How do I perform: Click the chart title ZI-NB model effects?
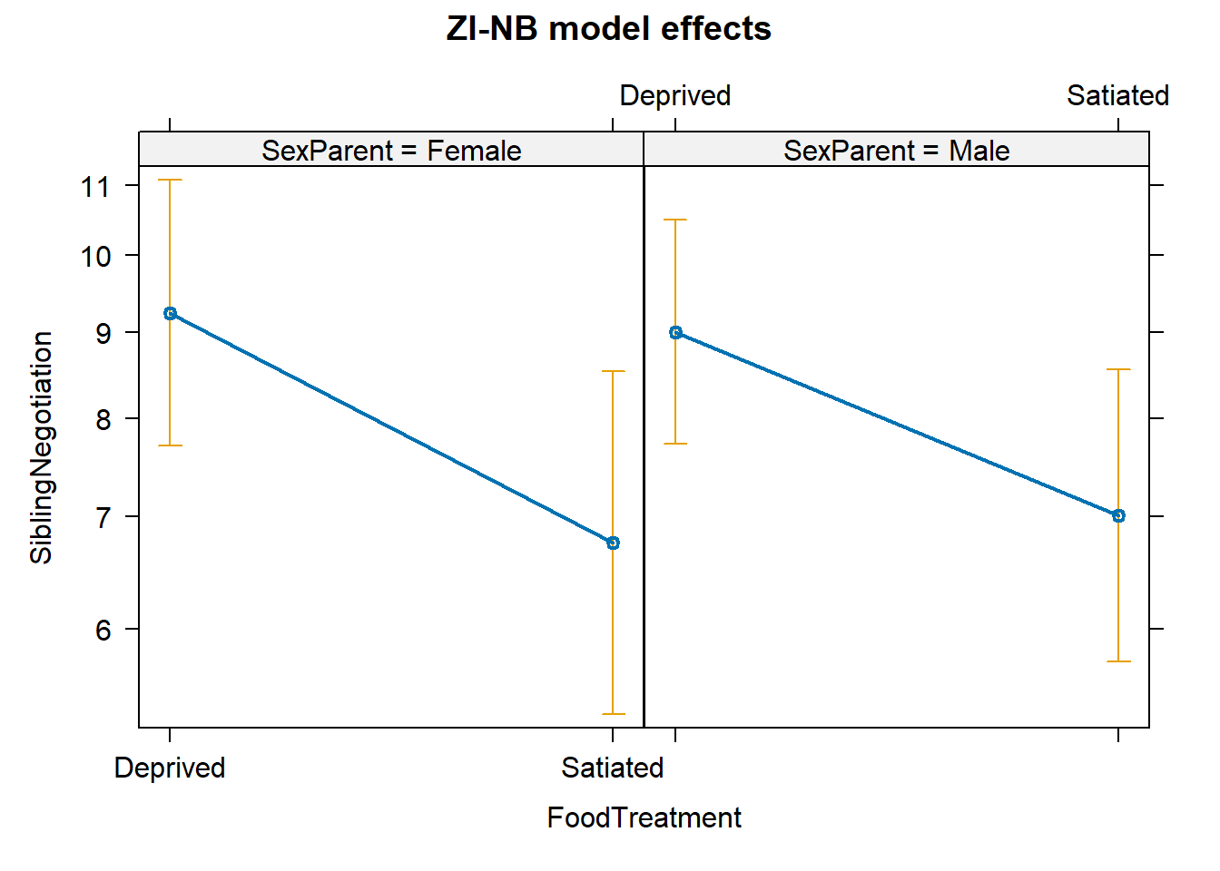tap(608, 29)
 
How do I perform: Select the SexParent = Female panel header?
tap(391, 151)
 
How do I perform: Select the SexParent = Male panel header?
tap(896, 151)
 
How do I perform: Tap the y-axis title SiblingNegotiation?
tap(42, 447)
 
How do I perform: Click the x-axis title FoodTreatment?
tap(644, 818)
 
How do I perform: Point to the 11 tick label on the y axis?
tap(95, 187)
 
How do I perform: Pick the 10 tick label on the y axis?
tap(95, 257)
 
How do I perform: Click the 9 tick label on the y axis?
tap(103, 334)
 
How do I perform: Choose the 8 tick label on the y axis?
tap(103, 419)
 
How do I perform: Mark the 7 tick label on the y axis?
tap(103, 517)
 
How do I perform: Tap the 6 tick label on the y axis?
tap(103, 630)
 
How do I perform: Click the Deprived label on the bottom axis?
tap(170, 768)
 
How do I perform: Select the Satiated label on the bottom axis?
tap(613, 768)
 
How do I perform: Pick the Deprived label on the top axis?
tap(675, 96)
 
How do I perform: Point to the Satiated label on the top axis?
tap(1117, 96)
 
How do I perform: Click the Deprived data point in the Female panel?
tap(170, 314)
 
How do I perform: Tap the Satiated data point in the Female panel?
tap(613, 543)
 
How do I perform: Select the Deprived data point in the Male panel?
tap(675, 333)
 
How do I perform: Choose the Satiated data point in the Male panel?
tap(1118, 515)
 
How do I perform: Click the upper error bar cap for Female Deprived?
tap(170, 181)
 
